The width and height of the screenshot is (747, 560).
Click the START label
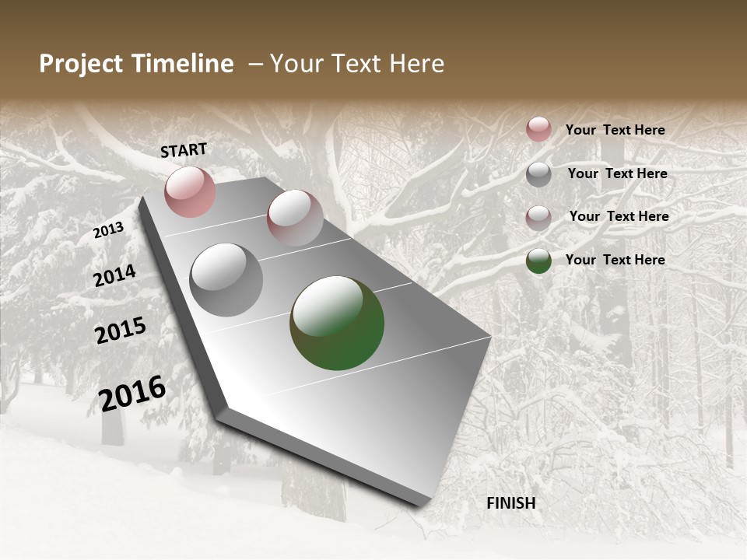click(x=184, y=150)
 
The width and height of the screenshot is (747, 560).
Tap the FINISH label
click(x=510, y=503)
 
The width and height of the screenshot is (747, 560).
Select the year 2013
click(x=108, y=229)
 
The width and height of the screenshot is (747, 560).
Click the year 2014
click(x=115, y=275)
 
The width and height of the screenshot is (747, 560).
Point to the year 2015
click(x=121, y=331)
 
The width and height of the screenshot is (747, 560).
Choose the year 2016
click(x=132, y=393)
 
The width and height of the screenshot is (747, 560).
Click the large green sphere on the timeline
click(x=337, y=323)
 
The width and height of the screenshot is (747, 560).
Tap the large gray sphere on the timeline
click(x=226, y=280)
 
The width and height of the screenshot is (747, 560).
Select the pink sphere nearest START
click(x=190, y=191)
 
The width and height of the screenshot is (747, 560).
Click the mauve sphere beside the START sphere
click(x=295, y=218)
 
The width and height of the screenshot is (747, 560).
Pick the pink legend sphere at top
click(x=538, y=129)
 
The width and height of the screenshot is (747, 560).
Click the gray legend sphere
click(x=538, y=174)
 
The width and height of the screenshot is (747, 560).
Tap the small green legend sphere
click(x=538, y=261)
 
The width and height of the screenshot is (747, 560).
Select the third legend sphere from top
click(x=538, y=217)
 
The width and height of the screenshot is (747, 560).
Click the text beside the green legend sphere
click(x=615, y=260)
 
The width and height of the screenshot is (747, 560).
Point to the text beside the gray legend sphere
click(x=617, y=173)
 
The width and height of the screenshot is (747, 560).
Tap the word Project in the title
click(x=80, y=64)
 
